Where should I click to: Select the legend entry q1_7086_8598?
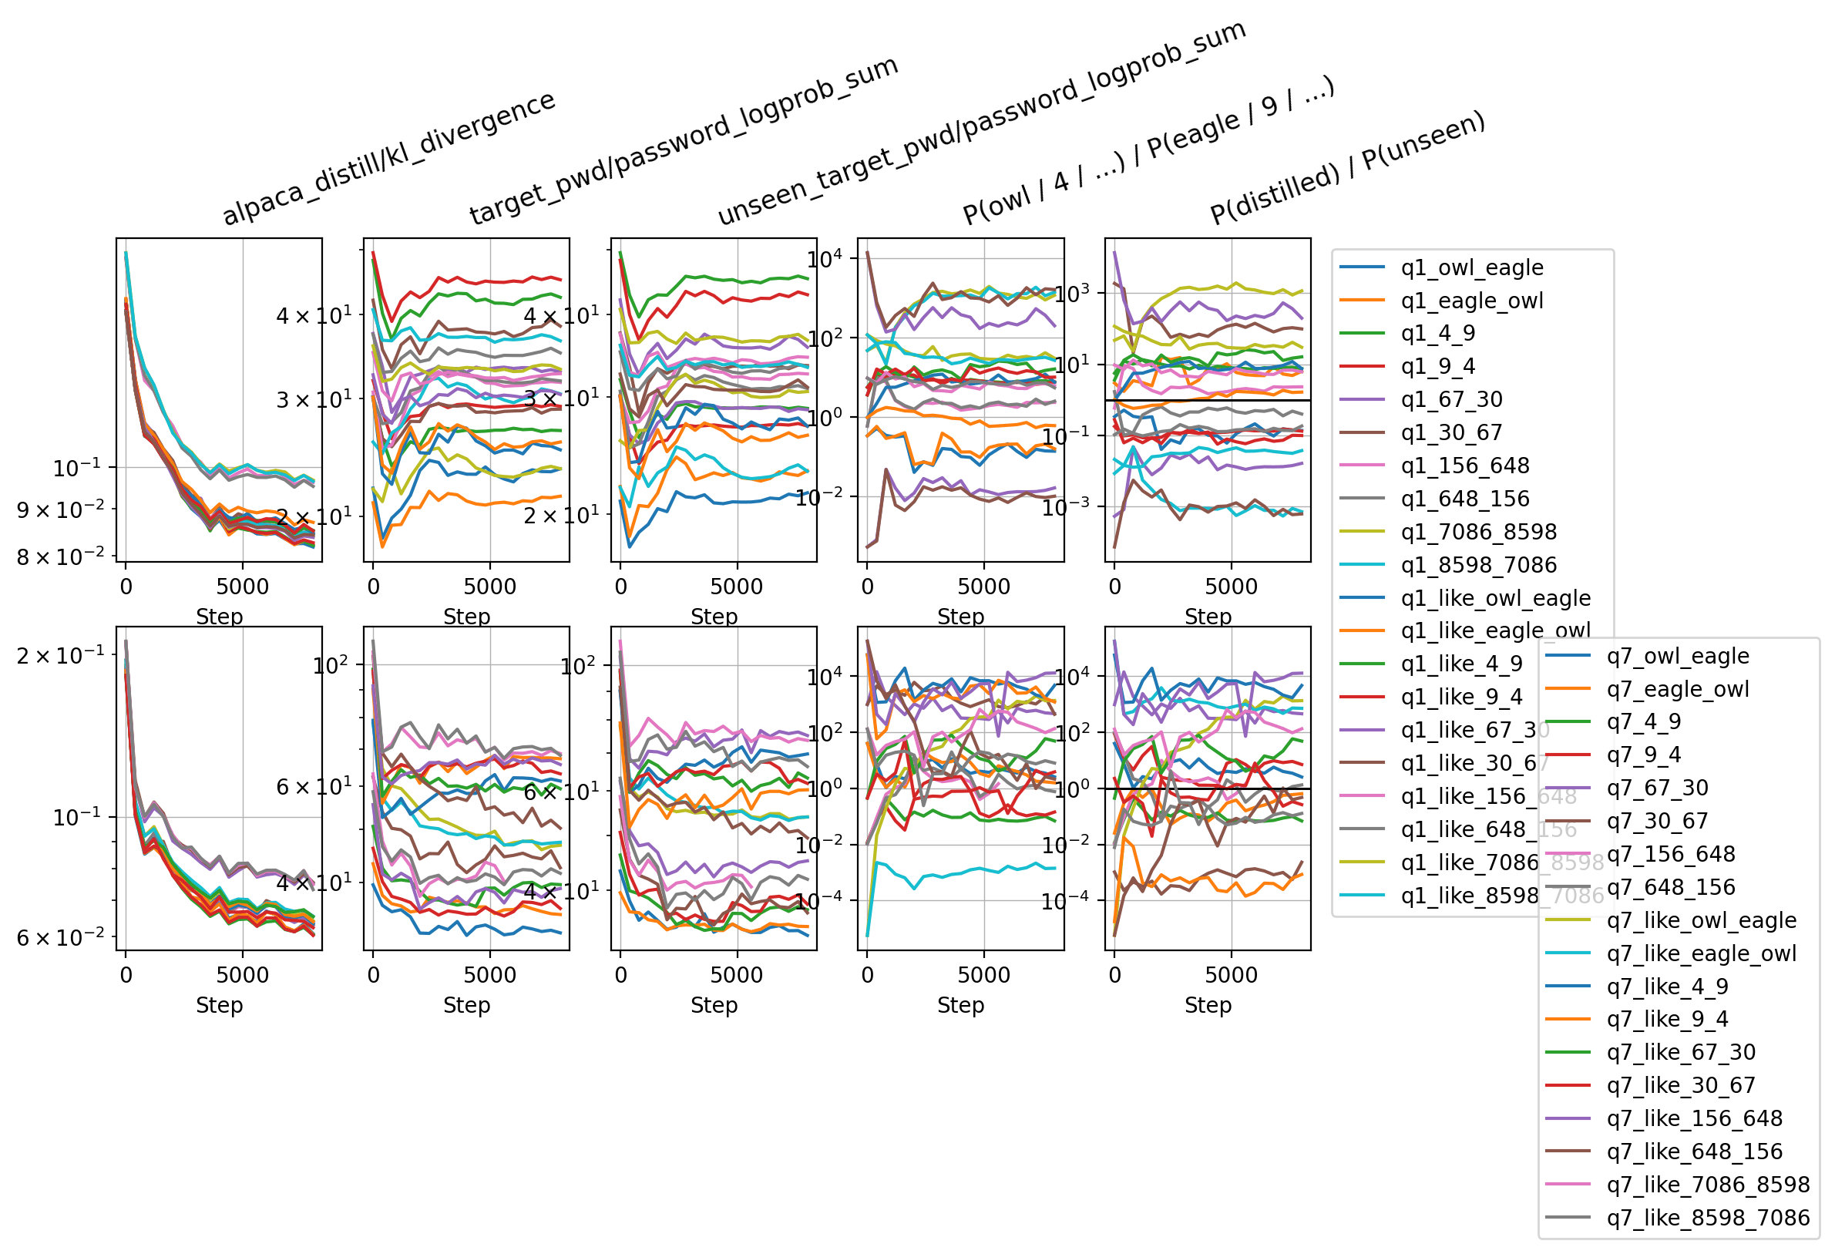point(1478,532)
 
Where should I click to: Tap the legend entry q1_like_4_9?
point(1461,664)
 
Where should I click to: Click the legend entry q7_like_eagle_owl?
point(1702,953)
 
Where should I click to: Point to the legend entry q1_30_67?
point(1451,432)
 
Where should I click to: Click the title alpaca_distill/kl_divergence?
point(388,158)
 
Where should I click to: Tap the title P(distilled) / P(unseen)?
point(1347,167)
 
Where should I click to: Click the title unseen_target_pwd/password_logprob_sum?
point(980,123)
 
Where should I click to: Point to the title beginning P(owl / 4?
point(1148,150)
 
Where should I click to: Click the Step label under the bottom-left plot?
point(219,1005)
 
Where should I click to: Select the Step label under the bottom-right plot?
point(1208,1005)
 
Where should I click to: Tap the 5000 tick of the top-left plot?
point(243,587)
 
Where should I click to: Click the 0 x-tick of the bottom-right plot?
point(1114,975)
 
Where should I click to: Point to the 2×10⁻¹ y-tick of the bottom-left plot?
point(60,655)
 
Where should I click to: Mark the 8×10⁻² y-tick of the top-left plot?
point(60,557)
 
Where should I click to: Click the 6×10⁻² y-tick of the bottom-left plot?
point(60,938)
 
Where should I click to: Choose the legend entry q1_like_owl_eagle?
point(1495,598)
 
